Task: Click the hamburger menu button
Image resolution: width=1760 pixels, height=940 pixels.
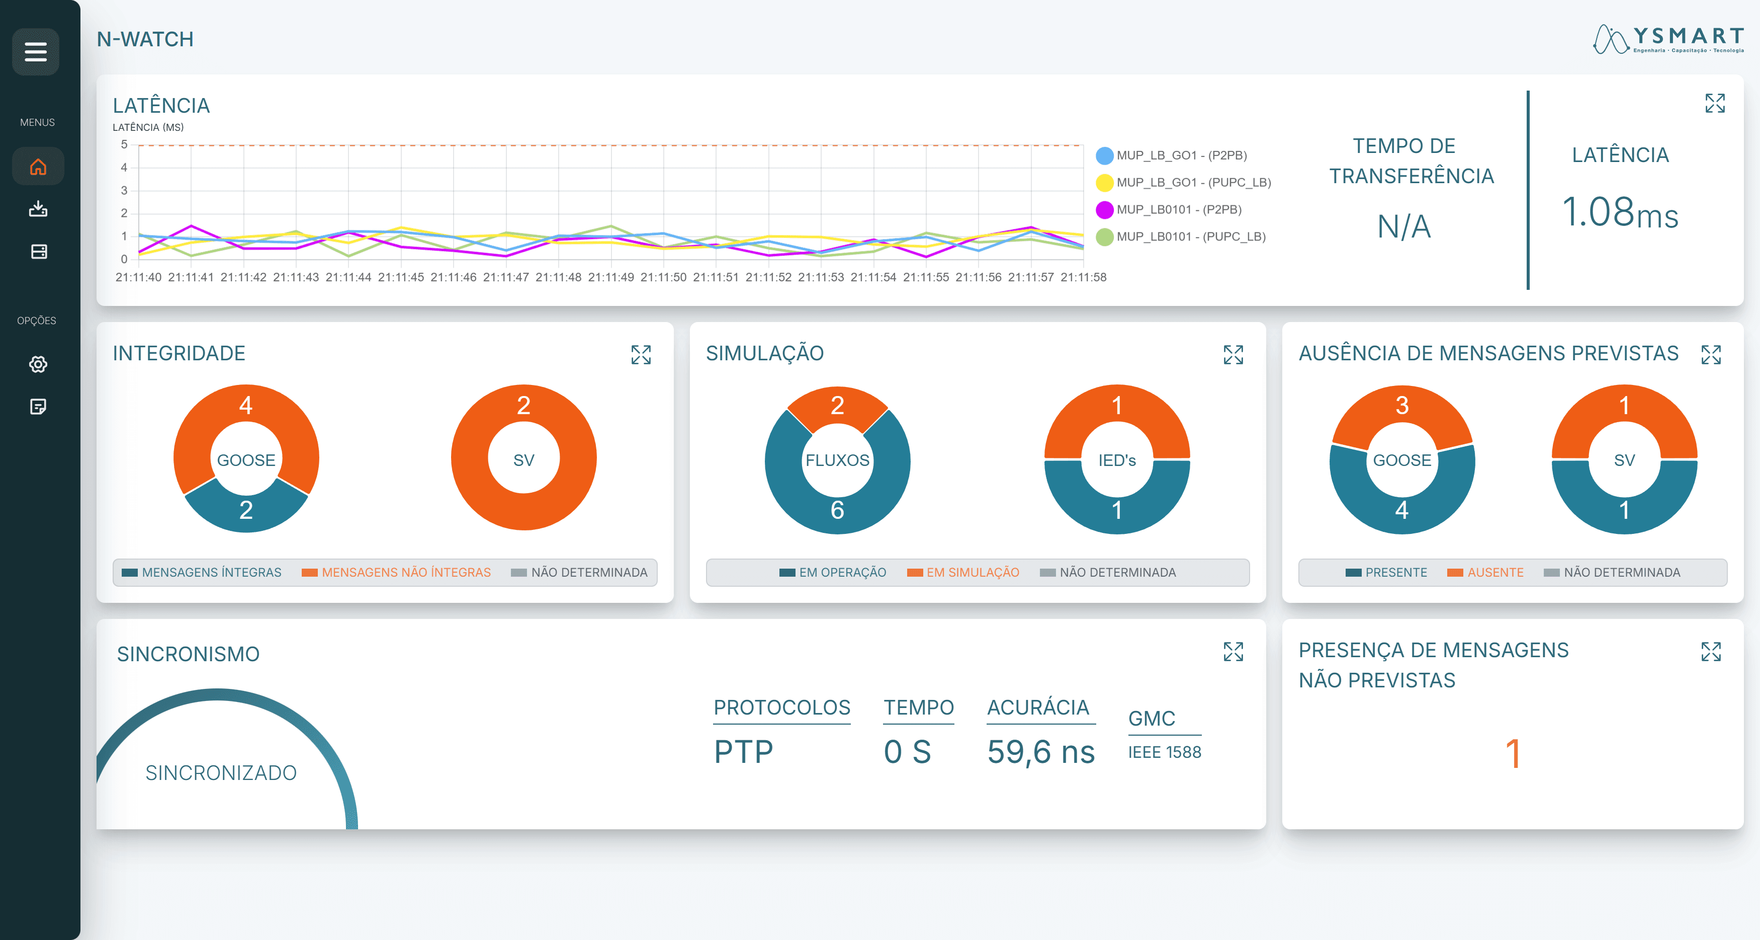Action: (36, 52)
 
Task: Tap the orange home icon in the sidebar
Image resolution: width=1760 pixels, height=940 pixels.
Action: (38, 167)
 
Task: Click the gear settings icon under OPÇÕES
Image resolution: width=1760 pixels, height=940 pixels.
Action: (38, 364)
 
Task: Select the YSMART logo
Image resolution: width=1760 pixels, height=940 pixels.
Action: (1668, 39)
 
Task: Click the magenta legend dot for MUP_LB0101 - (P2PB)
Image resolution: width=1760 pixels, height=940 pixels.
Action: (1104, 210)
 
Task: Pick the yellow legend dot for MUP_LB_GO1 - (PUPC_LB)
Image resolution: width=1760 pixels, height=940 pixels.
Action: (1104, 183)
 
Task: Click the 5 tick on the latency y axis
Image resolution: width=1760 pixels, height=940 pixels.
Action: (124, 145)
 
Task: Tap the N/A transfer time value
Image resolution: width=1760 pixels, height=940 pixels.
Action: (1403, 227)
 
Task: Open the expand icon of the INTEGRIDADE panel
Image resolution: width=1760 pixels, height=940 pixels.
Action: (640, 355)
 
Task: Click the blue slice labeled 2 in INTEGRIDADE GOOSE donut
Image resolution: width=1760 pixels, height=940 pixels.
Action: (246, 510)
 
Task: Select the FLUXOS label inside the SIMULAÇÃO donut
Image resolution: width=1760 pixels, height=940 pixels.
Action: (837, 460)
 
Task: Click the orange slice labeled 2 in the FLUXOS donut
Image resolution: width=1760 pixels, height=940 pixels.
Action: (837, 406)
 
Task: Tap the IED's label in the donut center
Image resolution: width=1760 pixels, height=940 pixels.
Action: (1116, 460)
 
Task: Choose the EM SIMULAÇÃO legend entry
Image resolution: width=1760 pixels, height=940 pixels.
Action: (963, 572)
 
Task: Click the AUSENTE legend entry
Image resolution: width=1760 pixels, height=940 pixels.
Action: (1485, 572)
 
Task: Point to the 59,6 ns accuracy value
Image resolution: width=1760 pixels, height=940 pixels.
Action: (1040, 752)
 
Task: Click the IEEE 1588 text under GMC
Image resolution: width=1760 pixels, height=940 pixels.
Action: (1164, 752)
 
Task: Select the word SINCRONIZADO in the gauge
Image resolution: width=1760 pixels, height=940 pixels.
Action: (221, 772)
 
